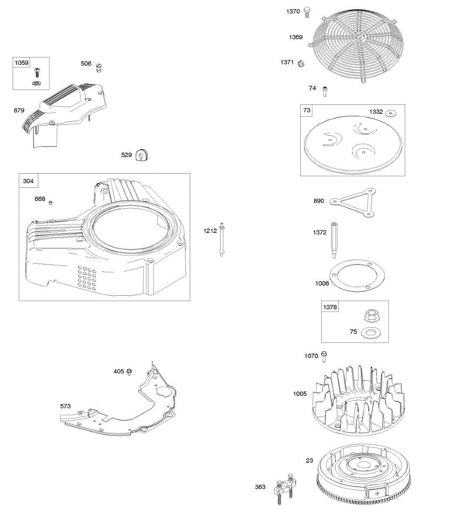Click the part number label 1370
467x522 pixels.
click(293, 11)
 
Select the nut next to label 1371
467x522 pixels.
click(301, 64)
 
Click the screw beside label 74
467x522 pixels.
click(324, 91)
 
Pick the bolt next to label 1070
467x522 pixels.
click(324, 356)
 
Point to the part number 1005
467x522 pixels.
click(299, 394)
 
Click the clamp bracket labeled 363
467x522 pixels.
click(283, 490)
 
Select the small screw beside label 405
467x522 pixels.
click(129, 372)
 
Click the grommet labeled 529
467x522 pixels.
click(141, 155)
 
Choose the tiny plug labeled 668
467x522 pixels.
click(50, 202)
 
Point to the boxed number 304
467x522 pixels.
click(28, 181)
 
